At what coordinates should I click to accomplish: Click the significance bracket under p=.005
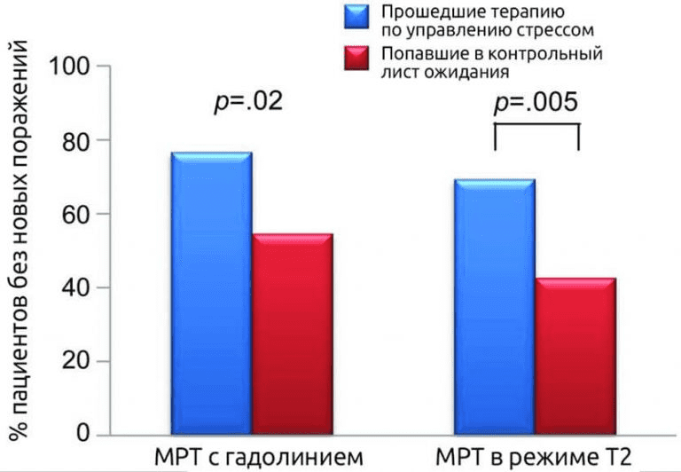pos(536,127)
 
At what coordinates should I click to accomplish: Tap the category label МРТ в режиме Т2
pos(533,458)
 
